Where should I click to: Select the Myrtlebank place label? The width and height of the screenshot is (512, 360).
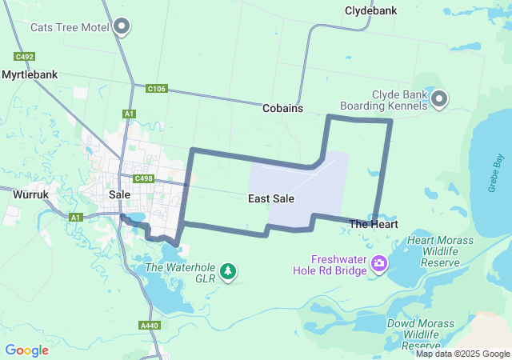coord(30,74)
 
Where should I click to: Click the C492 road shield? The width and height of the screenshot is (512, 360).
coord(24,57)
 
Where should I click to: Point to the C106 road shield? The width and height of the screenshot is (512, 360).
coord(156,89)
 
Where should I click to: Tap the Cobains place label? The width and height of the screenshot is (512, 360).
coord(282,107)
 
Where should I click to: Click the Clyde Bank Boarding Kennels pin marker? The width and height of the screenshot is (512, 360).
coord(439,100)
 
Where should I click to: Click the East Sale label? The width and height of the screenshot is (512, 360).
coord(271,198)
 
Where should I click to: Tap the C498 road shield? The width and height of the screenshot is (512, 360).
coord(144,178)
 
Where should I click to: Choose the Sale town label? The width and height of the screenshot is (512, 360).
coord(119,194)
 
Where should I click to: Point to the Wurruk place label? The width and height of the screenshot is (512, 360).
coord(32,194)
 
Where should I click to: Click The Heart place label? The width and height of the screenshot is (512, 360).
coord(374,225)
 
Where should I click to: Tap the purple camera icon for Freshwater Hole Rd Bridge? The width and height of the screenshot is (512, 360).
coord(379,263)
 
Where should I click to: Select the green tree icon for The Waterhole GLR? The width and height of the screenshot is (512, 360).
coord(228,272)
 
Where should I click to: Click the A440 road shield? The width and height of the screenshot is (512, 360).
coord(149,326)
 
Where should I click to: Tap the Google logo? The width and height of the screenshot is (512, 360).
coord(26,350)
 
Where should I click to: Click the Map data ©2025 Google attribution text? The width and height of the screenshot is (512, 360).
coord(462,354)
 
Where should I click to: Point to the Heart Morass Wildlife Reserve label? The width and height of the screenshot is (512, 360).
coord(440,251)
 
